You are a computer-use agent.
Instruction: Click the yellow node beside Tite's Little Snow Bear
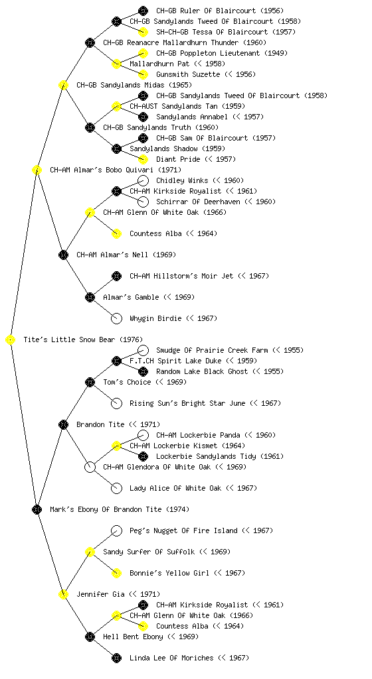pyautogui.click(x=11, y=340)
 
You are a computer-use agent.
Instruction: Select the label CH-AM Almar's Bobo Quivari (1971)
pyautogui.click(x=116, y=170)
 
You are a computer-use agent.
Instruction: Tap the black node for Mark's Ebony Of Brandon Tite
pyautogui.click(x=37, y=510)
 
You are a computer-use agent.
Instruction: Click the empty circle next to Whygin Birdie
pyautogui.click(x=116, y=319)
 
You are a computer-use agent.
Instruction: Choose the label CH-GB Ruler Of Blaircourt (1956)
pyautogui.click(x=221, y=11)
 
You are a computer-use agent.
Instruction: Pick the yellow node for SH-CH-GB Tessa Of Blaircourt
pyautogui.click(x=143, y=32)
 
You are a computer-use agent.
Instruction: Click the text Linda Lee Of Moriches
pyautogui.click(x=171, y=658)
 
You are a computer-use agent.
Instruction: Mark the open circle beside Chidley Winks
pyautogui.click(x=143, y=180)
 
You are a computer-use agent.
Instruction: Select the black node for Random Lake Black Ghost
pyautogui.click(x=143, y=371)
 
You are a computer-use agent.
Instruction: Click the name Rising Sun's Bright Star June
pyautogui.click(x=188, y=403)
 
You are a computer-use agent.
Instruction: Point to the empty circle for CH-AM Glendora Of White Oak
pyautogui.click(x=90, y=467)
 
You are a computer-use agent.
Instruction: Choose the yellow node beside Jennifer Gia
pyautogui.click(x=63, y=595)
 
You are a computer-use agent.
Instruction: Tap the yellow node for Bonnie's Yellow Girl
pyautogui.click(x=116, y=574)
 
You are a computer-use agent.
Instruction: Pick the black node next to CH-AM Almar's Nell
pyautogui.click(x=63, y=255)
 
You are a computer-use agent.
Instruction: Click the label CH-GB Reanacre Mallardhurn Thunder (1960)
pyautogui.click(x=185, y=42)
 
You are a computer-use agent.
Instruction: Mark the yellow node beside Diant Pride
pyautogui.click(x=143, y=159)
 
